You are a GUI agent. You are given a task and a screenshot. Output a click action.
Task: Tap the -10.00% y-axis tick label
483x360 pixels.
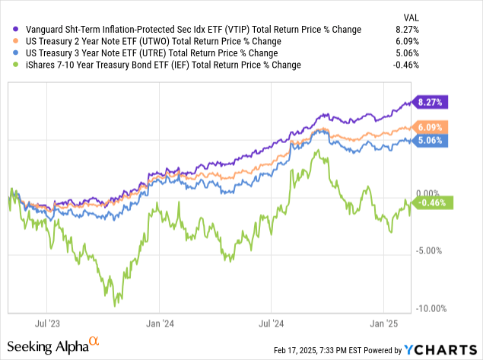tap(432, 308)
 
